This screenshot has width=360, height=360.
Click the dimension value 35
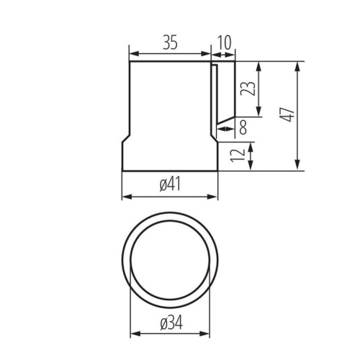click(x=170, y=42)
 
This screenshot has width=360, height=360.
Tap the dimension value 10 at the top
click(x=224, y=42)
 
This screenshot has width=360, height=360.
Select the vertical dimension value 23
click(x=247, y=89)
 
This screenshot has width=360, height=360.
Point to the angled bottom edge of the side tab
click(x=226, y=115)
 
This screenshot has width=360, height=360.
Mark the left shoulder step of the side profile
click(x=125, y=136)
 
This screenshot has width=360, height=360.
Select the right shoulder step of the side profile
click(x=213, y=136)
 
